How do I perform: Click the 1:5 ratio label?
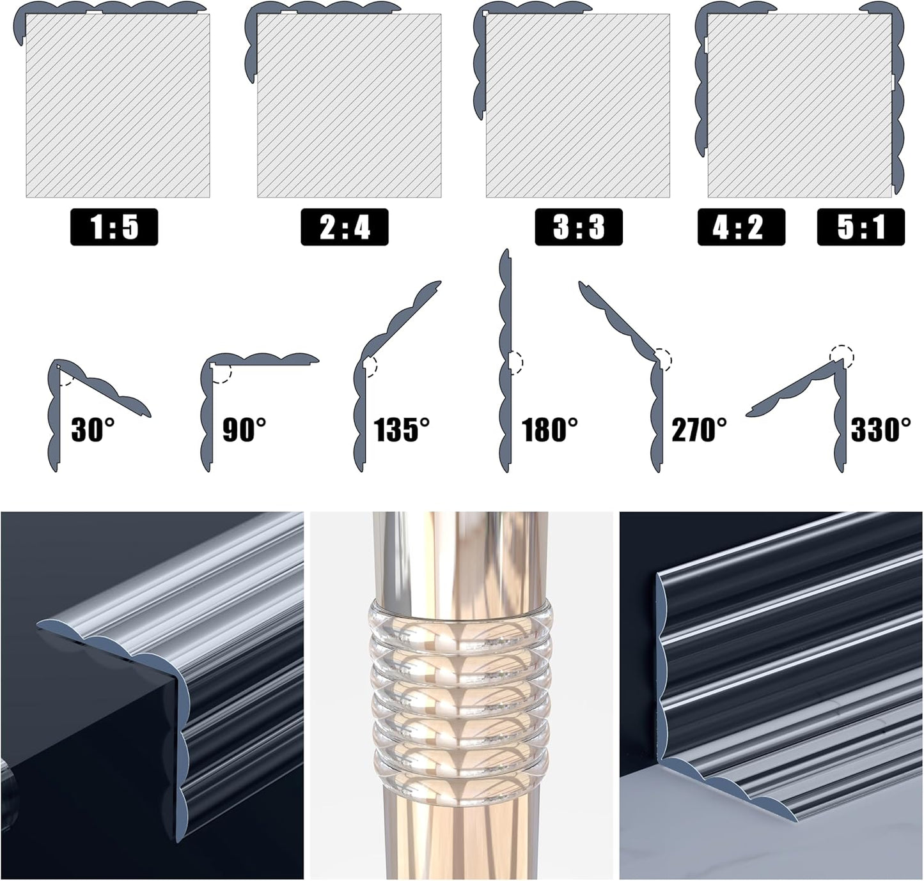[114, 227]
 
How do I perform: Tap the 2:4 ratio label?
[345, 227]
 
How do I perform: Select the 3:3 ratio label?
[578, 227]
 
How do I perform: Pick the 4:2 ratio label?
[740, 227]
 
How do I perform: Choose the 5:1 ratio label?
[861, 227]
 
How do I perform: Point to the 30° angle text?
[93, 429]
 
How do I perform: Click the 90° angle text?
[244, 429]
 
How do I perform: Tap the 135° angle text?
[402, 429]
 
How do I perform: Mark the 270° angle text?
[699, 429]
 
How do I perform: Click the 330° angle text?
[881, 429]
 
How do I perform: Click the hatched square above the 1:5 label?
[118, 105]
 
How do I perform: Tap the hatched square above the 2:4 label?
[349, 105]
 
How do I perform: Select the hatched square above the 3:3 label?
[577, 105]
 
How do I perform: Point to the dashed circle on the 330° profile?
[842, 356]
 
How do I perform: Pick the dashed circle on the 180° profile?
[515, 362]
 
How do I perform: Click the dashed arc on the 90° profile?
[224, 374]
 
